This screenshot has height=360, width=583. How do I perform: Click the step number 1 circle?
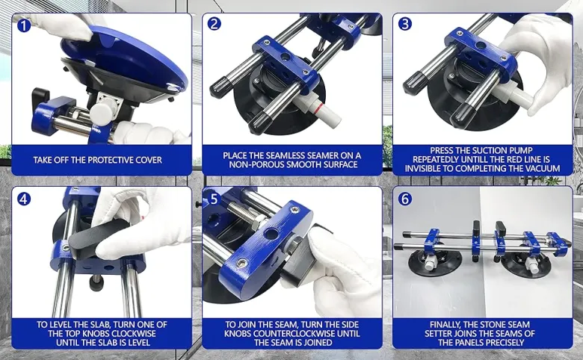(24, 25)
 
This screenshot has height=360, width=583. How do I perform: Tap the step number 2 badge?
(215, 23)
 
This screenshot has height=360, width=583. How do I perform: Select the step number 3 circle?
(405, 23)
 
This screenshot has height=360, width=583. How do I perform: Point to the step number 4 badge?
(24, 199)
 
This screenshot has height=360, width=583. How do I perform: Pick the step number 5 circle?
(214, 199)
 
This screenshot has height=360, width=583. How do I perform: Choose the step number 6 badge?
(405, 199)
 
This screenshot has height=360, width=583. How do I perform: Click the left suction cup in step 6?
(435, 260)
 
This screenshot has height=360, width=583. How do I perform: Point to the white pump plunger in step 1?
(102, 111)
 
